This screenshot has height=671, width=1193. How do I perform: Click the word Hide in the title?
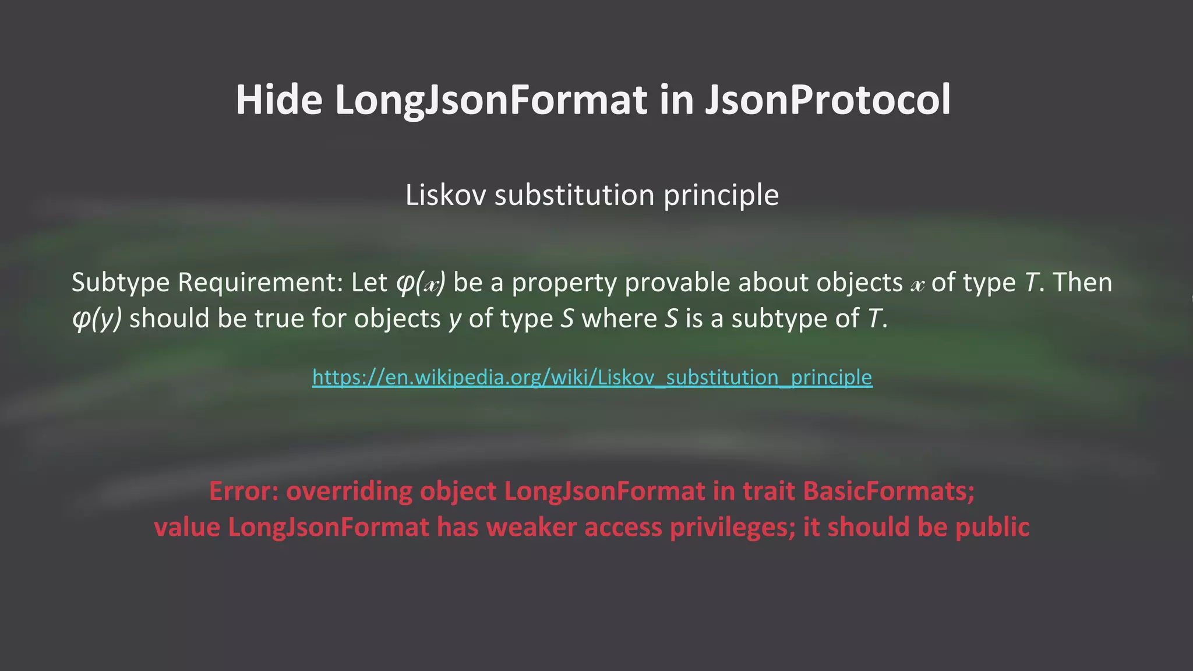click(x=278, y=100)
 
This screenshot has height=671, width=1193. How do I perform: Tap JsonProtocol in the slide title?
click(x=828, y=100)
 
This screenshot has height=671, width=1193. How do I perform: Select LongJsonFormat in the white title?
click(x=490, y=100)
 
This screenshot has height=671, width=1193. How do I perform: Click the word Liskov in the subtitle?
click(x=446, y=195)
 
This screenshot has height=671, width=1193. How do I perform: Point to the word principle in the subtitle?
click(x=721, y=195)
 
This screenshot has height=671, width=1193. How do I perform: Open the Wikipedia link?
click(x=592, y=377)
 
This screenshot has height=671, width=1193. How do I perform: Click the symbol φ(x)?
click(x=421, y=283)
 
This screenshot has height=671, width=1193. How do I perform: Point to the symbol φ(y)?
click(x=97, y=319)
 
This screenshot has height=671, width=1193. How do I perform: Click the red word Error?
click(x=243, y=491)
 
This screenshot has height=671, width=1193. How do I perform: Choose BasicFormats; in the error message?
click(x=889, y=491)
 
